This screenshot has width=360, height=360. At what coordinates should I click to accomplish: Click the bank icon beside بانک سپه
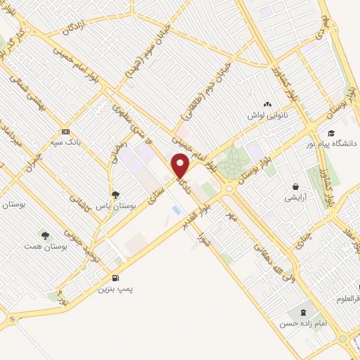(x=65, y=131)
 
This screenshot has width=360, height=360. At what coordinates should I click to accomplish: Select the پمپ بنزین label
(x=115, y=288)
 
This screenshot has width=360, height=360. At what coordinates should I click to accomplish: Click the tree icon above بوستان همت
(x=45, y=236)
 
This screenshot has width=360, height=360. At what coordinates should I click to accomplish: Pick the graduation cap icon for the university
(x=330, y=132)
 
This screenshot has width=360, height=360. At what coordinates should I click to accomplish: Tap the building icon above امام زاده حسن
(x=303, y=311)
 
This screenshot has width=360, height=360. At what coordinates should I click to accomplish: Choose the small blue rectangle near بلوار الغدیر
(x=175, y=210)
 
